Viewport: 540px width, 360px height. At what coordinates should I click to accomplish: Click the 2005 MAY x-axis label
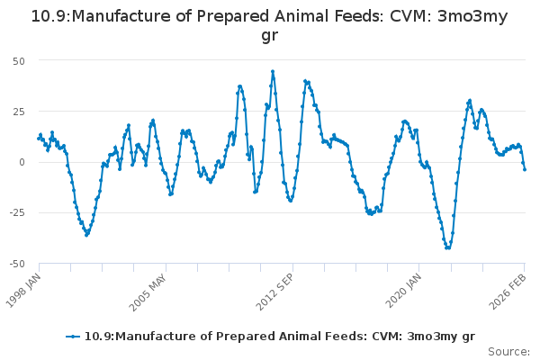pos(149,290)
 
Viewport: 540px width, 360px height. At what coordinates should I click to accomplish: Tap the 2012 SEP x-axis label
pos(275,290)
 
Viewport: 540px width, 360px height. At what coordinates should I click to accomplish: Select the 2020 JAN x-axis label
pos(402,290)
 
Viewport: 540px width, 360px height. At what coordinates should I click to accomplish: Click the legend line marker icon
pos(74,337)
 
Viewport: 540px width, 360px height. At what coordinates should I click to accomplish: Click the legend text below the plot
pos(279,337)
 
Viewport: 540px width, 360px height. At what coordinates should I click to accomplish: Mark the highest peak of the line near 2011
pos(273,71)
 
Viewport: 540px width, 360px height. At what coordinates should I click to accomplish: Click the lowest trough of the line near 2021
pos(447,247)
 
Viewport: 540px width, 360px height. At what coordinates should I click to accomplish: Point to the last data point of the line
pos(525,169)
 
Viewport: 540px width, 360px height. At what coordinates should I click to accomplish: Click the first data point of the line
pos(39,138)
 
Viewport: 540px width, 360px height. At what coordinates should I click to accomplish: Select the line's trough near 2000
pos(86,235)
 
